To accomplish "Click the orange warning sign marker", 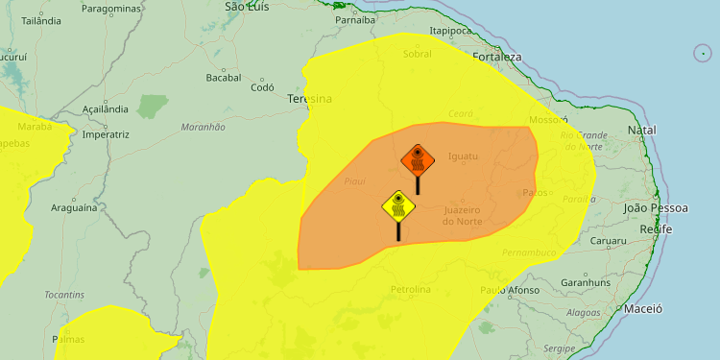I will pos(418,159).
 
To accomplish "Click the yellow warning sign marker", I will pos(397,205).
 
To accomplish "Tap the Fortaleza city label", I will pos(496,58).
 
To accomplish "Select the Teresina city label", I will pos(309,99).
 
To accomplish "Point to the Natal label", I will pos(641,130).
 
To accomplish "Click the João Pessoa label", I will pos(656,207).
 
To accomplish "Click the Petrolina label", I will pos(411,289).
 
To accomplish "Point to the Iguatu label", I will pos(463,156).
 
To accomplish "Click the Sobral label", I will pos(418,55).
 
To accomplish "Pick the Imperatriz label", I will pos(106,134).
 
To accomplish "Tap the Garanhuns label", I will pos(586,283).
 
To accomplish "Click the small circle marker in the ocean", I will pos(703,54).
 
